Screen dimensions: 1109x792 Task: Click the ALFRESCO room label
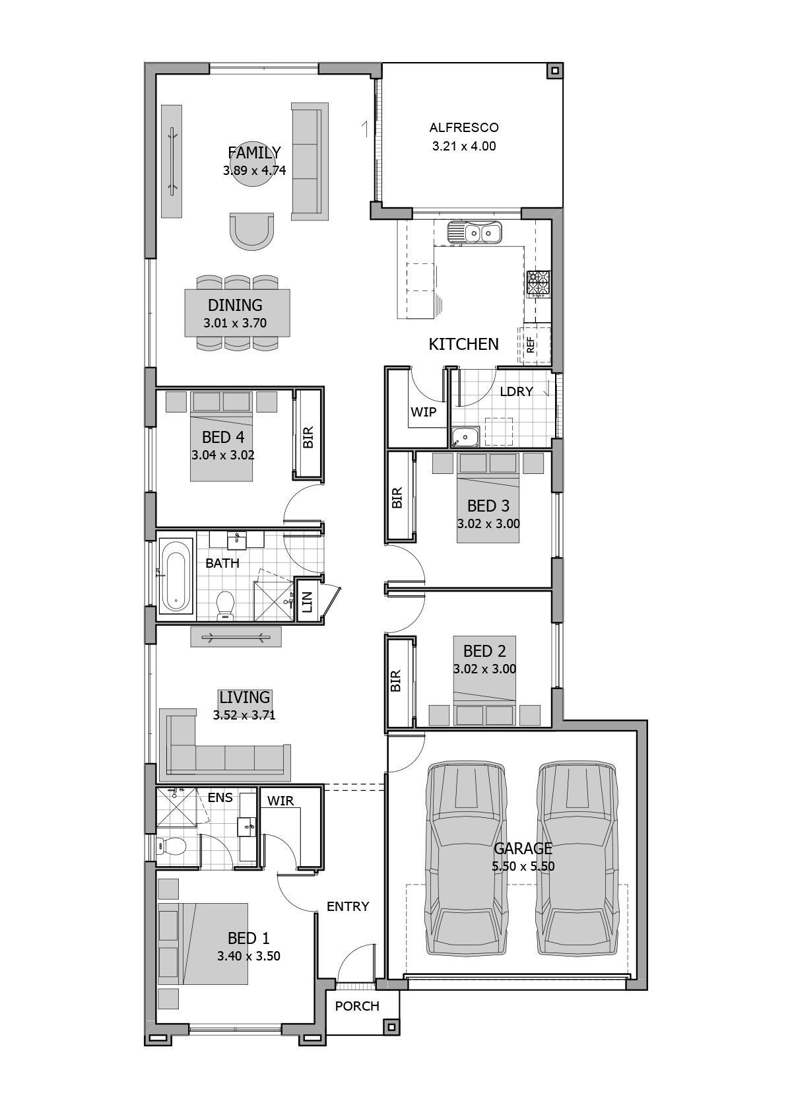click(464, 127)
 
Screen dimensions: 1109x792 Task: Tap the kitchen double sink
click(474, 232)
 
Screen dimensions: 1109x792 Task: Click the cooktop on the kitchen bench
click(538, 285)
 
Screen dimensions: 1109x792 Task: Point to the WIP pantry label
click(423, 412)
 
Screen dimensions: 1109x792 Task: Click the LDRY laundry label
click(516, 391)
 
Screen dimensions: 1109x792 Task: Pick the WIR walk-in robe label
click(280, 801)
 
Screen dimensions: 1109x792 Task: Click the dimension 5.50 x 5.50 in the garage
click(523, 866)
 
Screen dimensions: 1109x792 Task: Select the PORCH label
click(357, 1006)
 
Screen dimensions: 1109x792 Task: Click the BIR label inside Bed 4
click(308, 437)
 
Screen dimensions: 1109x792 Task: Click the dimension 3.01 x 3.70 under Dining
click(235, 323)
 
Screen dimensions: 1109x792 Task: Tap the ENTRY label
click(348, 906)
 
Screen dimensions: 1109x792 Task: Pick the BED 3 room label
click(488, 506)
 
